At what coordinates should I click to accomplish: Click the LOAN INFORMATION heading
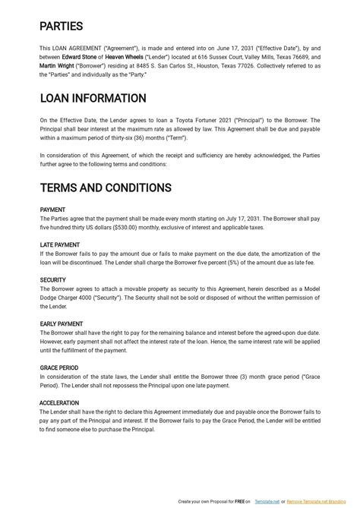tap(93, 98)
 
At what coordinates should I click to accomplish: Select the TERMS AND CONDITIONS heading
tap(106, 188)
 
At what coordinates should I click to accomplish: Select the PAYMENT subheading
tap(52, 210)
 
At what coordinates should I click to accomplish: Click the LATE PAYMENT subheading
tap(59, 245)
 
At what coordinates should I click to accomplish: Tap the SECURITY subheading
tap(52, 280)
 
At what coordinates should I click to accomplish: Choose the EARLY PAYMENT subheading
tap(61, 324)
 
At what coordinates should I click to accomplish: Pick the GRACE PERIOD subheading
tap(59, 368)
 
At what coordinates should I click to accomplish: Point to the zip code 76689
tap(298, 57)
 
